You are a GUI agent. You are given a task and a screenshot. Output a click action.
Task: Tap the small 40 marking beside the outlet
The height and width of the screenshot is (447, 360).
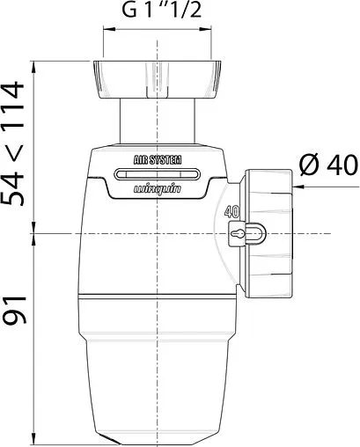pyautogui.click(x=232, y=212)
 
